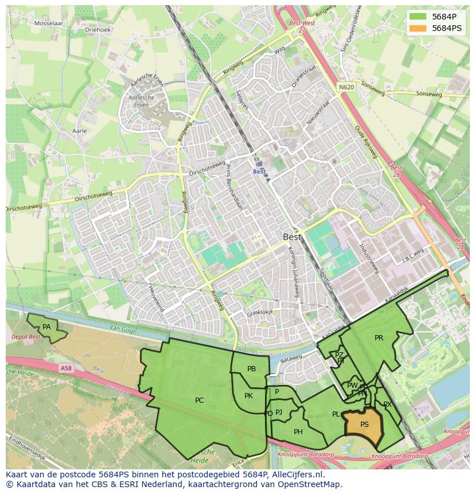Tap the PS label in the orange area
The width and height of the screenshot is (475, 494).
tap(364, 425)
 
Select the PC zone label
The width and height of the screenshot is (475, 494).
tap(199, 400)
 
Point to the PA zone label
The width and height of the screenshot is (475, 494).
tap(46, 327)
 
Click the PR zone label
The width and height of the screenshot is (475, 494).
tap(379, 338)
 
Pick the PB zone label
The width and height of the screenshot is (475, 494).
tap(251, 369)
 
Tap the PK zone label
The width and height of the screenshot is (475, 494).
tap(248, 395)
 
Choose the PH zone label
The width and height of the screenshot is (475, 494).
tap(298, 432)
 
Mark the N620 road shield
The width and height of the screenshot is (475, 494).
tap(346, 87)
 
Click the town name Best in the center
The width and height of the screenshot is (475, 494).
tap(292, 236)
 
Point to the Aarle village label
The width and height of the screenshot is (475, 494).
tap(80, 131)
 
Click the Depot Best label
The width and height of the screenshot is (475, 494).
tap(26, 337)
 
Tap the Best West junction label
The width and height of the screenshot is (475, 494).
tap(302, 24)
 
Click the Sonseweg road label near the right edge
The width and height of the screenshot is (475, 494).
tap(430, 94)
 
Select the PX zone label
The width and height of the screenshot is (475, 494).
tap(387, 404)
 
